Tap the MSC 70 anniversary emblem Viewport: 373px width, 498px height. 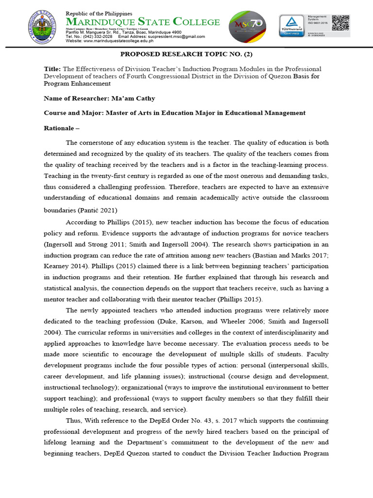coord(247,27)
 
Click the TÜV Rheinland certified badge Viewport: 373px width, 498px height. coord(293,27)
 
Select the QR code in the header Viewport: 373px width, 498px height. coord(341,24)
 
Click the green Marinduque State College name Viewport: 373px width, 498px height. coord(143,22)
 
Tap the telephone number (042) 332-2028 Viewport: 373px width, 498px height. coord(96,36)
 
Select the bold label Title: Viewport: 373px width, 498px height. coord(51,69)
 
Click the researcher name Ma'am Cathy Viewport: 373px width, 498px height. coord(136,98)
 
